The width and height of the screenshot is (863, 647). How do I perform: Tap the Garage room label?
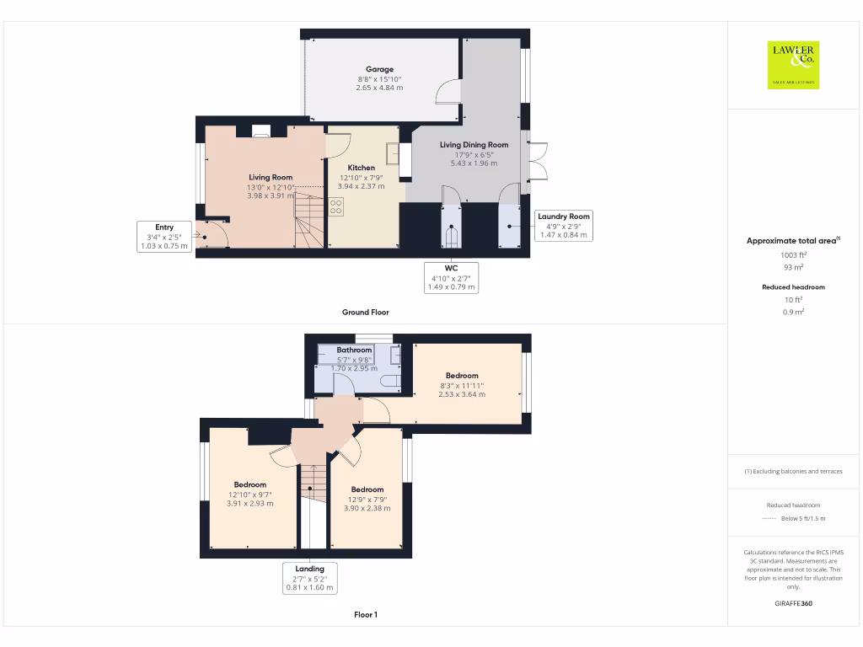click(x=379, y=69)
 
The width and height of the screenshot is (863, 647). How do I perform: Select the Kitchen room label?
click(x=362, y=168)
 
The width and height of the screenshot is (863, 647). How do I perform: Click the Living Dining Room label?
click(x=474, y=145)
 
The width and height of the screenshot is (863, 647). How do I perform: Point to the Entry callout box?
click(x=164, y=237)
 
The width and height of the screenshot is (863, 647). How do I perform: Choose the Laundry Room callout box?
click(x=564, y=226)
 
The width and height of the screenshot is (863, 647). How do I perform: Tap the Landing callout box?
click(x=310, y=579)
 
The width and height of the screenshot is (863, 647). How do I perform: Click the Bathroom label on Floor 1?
click(x=354, y=350)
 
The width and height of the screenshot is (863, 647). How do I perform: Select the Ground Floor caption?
click(x=366, y=312)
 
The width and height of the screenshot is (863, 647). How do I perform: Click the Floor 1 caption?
click(x=366, y=615)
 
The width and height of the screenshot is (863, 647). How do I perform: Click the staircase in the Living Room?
click(x=308, y=219)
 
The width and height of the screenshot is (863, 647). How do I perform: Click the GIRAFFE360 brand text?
click(x=792, y=603)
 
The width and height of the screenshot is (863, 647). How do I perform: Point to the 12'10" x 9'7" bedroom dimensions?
click(x=249, y=495)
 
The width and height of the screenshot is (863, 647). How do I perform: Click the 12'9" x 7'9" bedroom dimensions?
click(x=367, y=499)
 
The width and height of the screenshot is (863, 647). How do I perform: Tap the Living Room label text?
click(x=271, y=177)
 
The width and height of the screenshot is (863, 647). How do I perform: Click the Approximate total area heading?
click(x=791, y=241)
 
